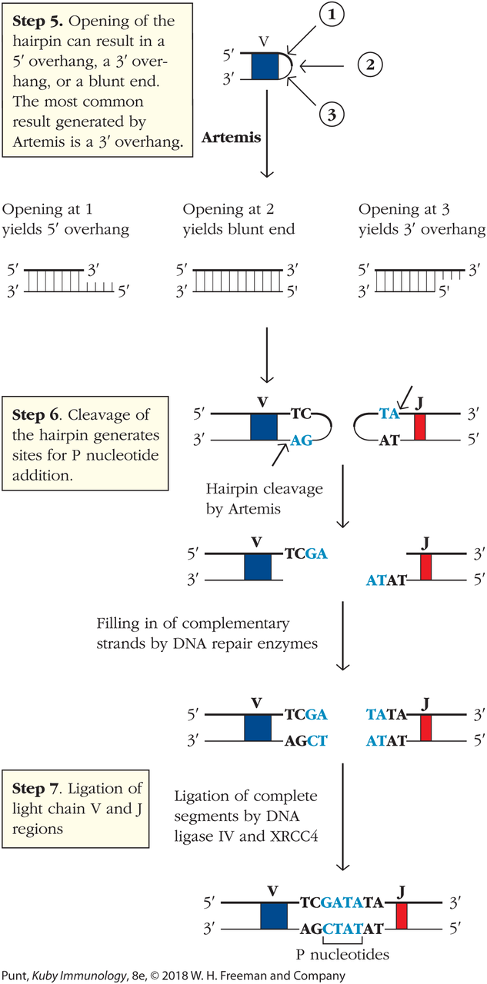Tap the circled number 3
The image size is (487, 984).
coord(332,115)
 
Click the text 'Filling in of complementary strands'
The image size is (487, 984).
coord(207,633)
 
